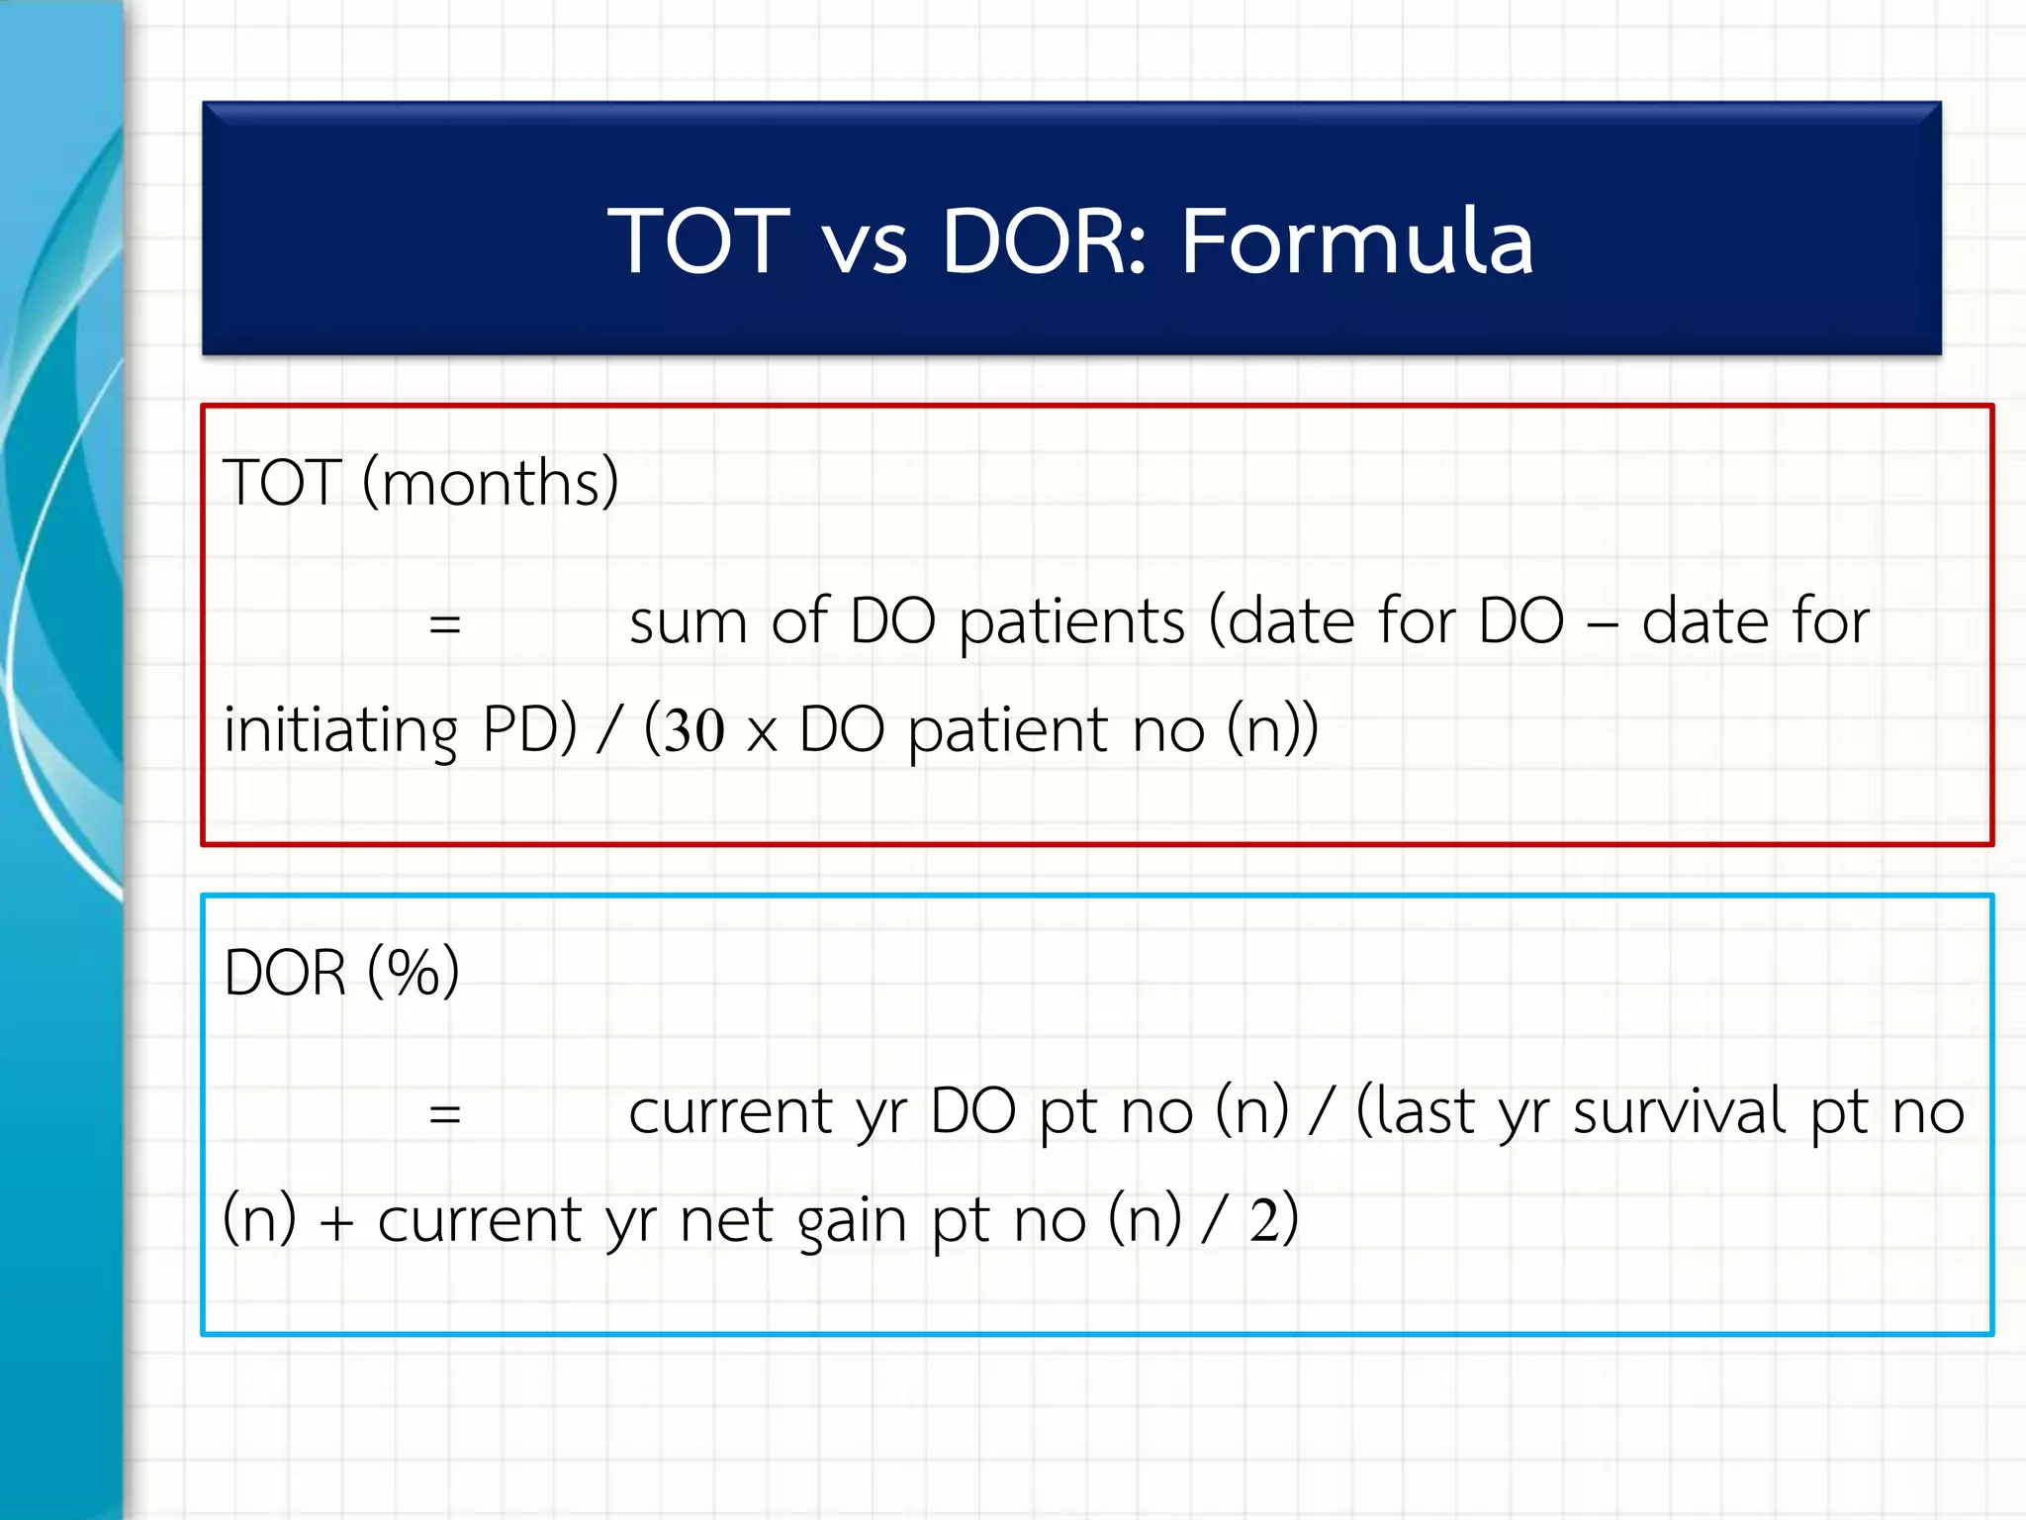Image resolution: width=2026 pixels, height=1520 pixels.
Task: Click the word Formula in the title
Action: point(1356,240)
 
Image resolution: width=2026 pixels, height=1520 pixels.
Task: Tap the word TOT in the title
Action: point(698,240)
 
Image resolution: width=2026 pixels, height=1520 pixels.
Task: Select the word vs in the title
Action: point(865,247)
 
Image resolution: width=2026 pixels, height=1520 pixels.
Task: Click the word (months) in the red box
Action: point(491,483)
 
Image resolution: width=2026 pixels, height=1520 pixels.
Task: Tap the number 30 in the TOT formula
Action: point(694,731)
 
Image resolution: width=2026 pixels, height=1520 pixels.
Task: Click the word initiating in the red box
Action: point(340,731)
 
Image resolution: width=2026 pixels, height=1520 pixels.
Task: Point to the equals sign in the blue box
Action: point(445,1114)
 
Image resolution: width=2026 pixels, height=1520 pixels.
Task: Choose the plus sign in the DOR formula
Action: point(336,1222)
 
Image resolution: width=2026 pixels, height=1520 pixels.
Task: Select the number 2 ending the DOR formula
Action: point(1263,1220)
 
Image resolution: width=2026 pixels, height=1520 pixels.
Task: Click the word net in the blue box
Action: point(727,1220)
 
